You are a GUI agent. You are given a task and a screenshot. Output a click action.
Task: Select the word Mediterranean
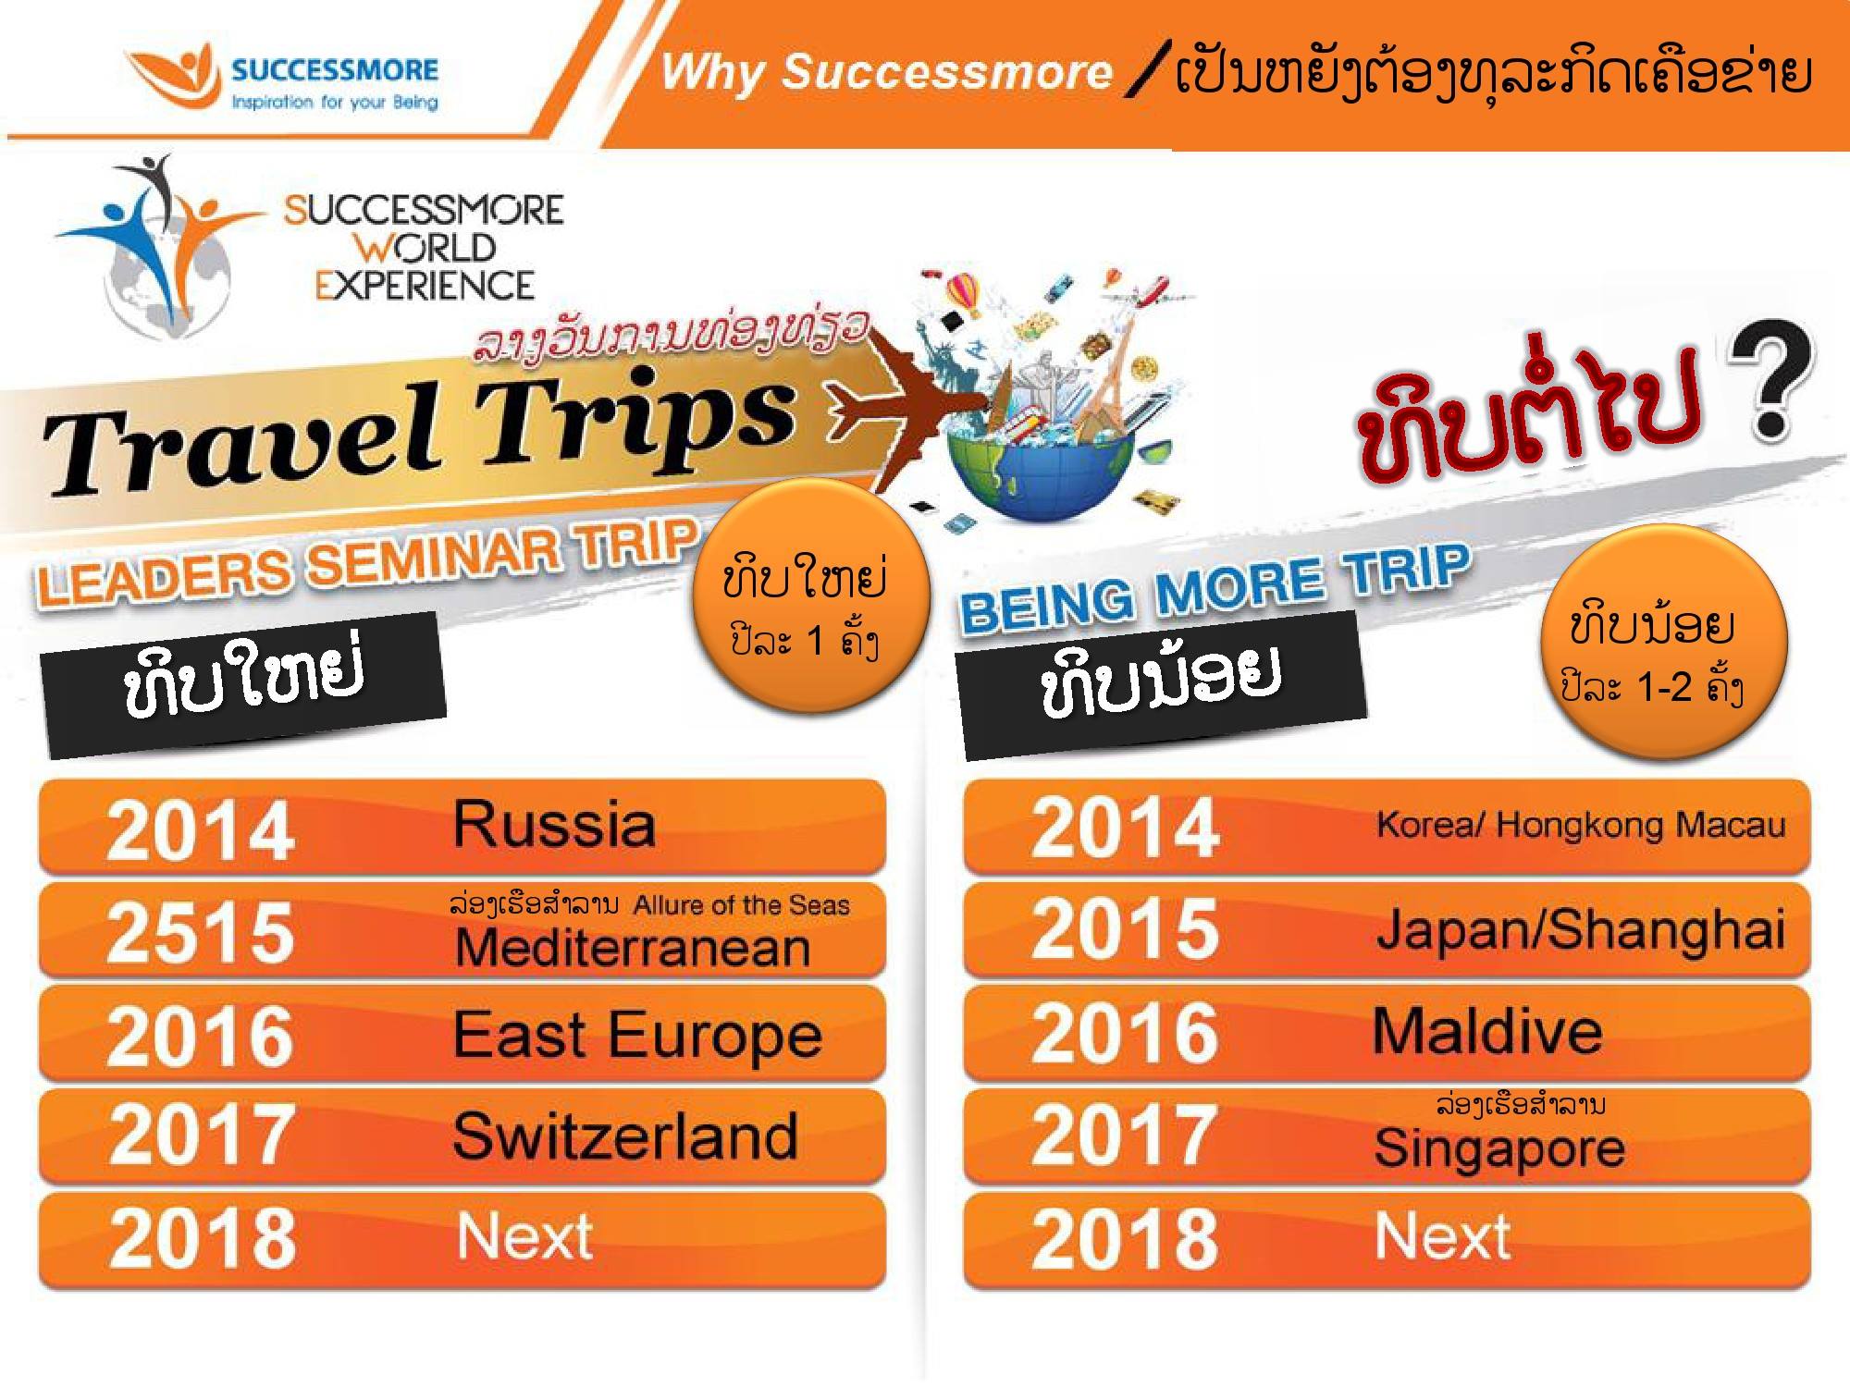(x=633, y=948)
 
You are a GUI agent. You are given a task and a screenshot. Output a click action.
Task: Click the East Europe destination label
(x=637, y=1036)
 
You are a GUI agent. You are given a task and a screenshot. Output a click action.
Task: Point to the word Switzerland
(x=625, y=1135)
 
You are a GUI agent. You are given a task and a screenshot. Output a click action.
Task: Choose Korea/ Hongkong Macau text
(x=1581, y=824)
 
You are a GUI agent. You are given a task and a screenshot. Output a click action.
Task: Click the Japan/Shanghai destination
(x=1581, y=928)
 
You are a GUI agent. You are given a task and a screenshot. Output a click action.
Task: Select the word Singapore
(x=1499, y=1148)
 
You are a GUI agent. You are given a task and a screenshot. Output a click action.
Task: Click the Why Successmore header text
(x=886, y=72)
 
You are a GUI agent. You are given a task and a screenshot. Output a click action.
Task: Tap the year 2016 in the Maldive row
(x=1125, y=1032)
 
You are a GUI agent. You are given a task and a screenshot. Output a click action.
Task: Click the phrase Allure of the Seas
(x=741, y=904)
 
